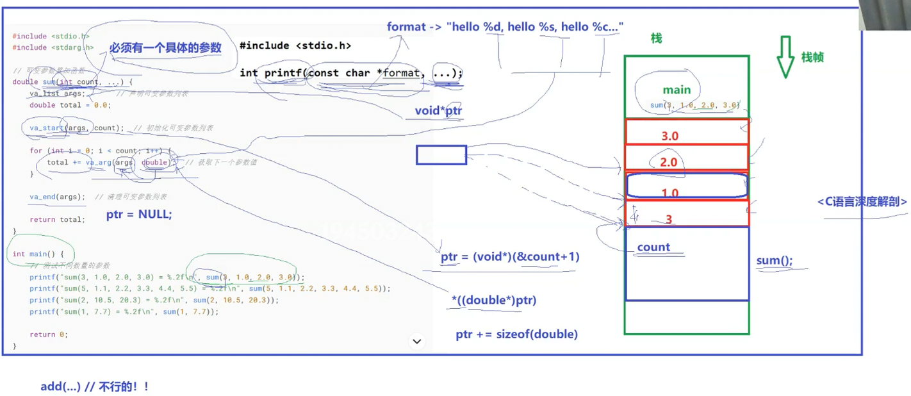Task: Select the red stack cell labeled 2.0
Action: coord(686,158)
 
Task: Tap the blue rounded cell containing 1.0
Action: coord(686,185)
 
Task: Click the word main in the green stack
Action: coord(677,90)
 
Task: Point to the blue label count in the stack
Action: coord(653,247)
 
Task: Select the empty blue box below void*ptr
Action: coord(441,154)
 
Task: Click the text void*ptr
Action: coord(438,111)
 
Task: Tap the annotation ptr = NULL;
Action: coord(139,215)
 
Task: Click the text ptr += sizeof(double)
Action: coord(516,334)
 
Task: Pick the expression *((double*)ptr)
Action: coord(494,300)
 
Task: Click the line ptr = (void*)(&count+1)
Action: coord(510,257)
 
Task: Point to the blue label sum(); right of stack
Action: coord(774,260)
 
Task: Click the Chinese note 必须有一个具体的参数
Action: coord(165,48)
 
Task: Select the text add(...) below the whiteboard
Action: coord(61,386)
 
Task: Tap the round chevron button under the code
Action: coord(417,342)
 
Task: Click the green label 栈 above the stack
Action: coord(656,38)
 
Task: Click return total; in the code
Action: coord(57,220)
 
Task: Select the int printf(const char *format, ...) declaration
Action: coord(350,72)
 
